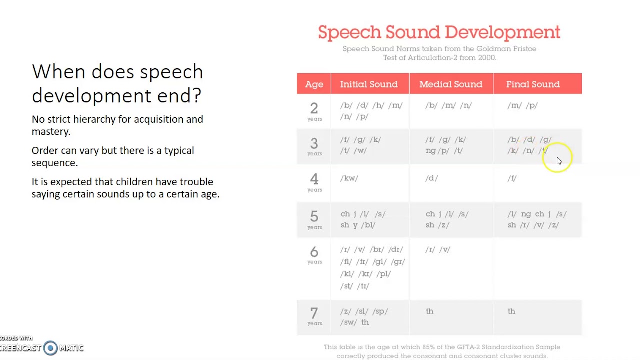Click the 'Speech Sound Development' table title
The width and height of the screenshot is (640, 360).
439,32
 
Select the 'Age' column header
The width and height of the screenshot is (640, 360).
314,84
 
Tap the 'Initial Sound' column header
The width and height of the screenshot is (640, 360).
369,84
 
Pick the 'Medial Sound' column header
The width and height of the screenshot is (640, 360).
451,84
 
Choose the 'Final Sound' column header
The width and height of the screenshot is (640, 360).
533,84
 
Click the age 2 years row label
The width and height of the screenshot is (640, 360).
314,111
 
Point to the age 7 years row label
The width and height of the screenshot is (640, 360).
314,316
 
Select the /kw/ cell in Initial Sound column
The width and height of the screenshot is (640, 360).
349,178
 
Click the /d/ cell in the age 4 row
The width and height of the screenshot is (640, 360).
431,178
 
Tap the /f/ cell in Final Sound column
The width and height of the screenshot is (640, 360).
512,178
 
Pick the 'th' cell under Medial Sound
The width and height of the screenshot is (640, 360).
430,311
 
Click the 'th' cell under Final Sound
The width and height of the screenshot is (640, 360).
511,311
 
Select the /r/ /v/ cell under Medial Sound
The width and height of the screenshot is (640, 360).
438,250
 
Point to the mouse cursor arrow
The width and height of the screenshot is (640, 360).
559,161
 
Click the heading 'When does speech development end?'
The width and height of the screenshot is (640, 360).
117,83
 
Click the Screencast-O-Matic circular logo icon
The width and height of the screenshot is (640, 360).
50,348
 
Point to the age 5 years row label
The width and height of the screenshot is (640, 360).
314,219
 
